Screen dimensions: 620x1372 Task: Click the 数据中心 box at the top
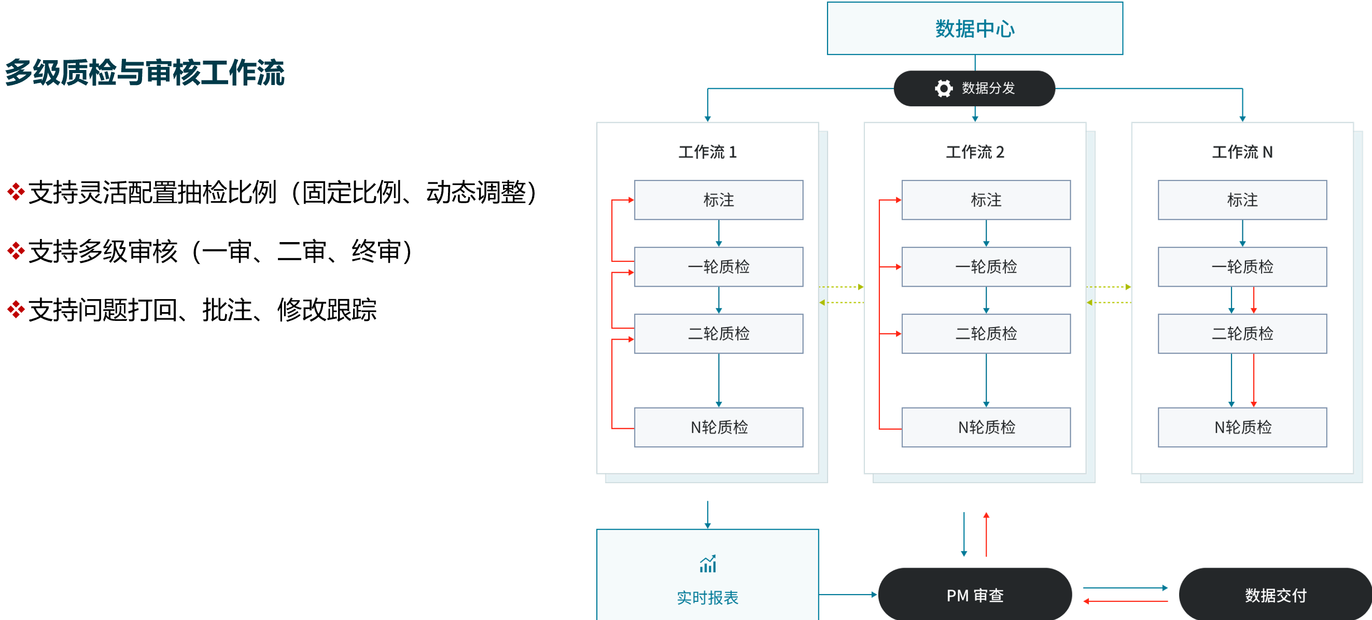point(975,29)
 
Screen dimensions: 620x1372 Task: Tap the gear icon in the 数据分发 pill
point(943,89)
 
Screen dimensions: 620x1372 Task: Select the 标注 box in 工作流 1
point(719,200)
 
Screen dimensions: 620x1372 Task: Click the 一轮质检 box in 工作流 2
point(986,266)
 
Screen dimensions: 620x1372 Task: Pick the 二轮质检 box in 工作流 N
point(1242,333)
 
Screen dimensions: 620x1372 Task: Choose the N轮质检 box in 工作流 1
point(719,427)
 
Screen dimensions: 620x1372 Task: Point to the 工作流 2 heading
point(975,152)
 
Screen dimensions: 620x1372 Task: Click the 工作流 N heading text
point(1242,152)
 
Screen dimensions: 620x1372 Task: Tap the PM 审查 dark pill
point(975,595)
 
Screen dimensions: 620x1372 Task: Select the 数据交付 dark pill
point(1275,595)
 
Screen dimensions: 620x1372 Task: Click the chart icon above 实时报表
point(708,563)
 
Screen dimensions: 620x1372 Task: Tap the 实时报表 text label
point(707,598)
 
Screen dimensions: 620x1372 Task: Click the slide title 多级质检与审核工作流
point(145,73)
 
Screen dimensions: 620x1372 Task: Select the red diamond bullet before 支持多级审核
point(16,251)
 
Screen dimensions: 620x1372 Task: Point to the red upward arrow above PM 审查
point(986,535)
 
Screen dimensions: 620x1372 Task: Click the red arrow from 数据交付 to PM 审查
point(1125,601)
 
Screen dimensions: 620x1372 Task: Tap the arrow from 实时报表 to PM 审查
point(847,595)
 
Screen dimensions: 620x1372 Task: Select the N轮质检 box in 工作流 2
point(986,427)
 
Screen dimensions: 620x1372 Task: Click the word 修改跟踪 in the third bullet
point(327,310)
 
